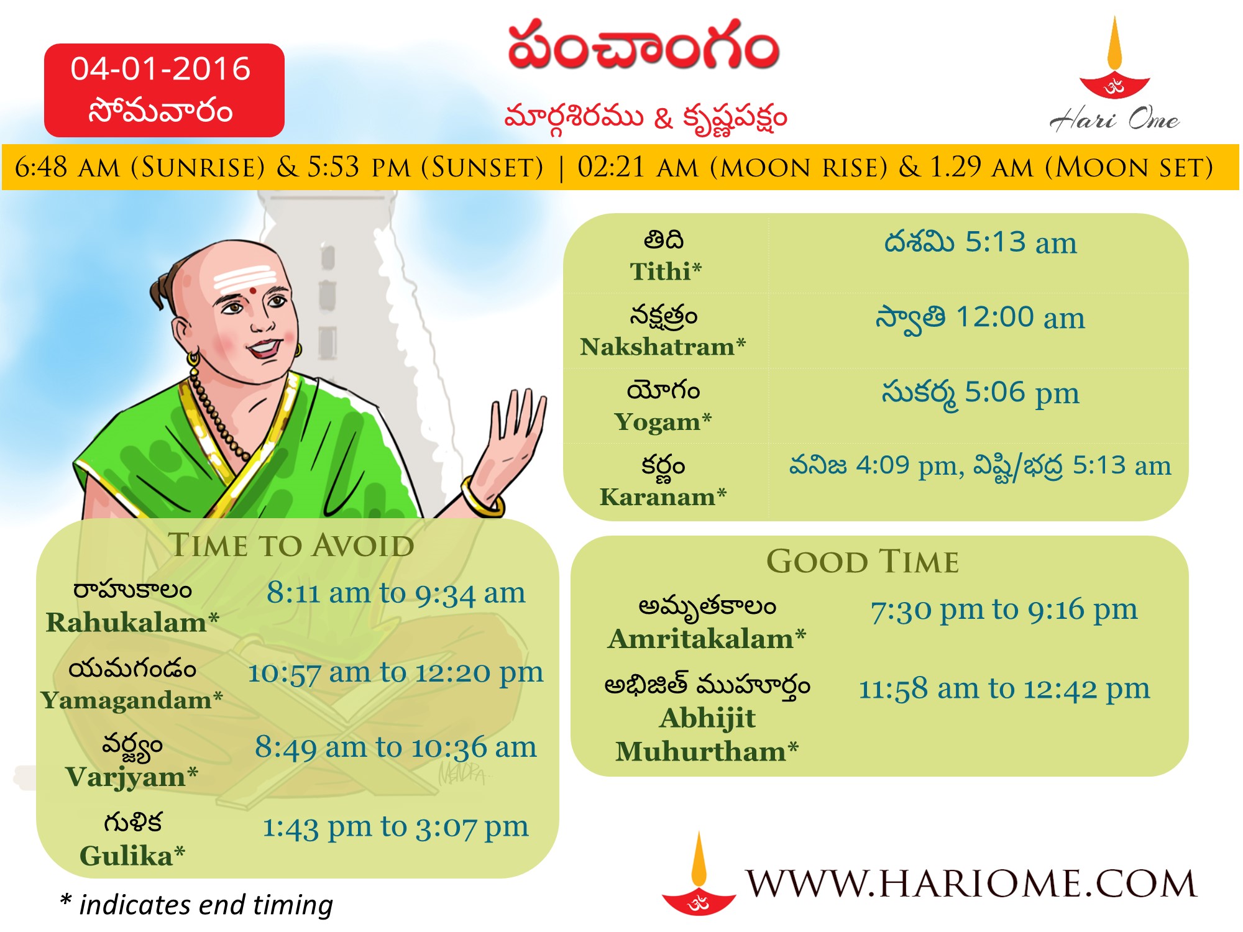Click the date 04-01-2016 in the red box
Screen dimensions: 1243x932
point(160,68)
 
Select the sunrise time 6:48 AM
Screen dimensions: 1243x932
point(67,167)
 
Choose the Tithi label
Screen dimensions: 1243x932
point(664,271)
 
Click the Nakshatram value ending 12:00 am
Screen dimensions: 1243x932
point(980,318)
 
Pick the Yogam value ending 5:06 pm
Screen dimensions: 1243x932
point(980,393)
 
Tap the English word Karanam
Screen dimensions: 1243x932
point(657,496)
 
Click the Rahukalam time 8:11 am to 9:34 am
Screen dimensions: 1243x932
point(396,593)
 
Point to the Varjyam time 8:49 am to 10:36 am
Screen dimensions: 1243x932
point(396,747)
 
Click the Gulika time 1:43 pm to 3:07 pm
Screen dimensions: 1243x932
point(396,827)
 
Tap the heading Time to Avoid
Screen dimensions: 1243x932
point(291,546)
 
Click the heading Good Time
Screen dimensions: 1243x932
point(863,562)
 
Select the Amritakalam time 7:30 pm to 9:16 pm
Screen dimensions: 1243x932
point(1004,610)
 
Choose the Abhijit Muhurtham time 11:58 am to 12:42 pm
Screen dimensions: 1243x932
point(1004,689)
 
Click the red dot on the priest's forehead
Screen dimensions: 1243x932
point(254,290)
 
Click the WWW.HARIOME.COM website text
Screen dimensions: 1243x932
point(971,883)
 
